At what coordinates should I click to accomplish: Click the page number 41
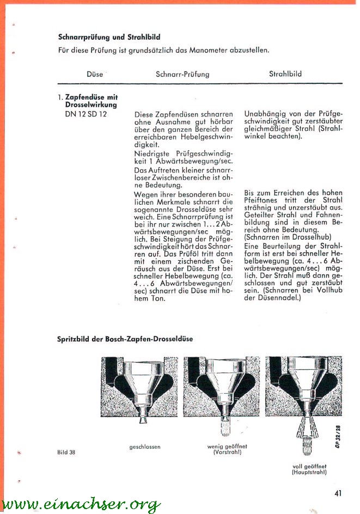coord(338,493)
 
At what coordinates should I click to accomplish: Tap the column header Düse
coord(94,74)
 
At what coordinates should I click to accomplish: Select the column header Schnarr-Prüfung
coord(182,74)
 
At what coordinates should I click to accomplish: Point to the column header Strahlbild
coord(285,73)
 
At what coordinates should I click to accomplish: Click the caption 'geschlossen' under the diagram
coord(145,447)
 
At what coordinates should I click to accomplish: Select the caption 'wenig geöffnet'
coord(224,446)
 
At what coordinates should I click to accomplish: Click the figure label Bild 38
coord(66,452)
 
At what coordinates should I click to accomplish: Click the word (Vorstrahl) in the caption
coord(224,452)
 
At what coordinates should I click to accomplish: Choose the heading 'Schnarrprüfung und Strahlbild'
coord(109,38)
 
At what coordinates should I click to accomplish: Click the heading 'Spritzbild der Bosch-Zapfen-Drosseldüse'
coord(125,339)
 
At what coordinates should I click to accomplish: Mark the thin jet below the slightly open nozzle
coord(224,429)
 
